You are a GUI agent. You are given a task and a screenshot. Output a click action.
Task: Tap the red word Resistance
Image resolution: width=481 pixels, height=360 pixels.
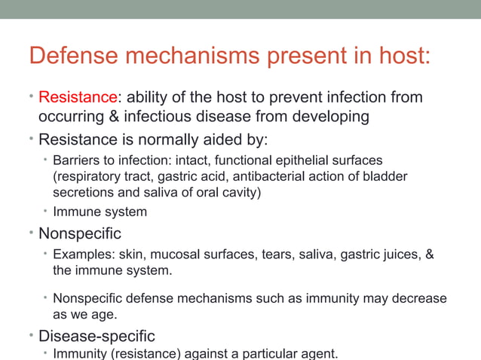point(78,97)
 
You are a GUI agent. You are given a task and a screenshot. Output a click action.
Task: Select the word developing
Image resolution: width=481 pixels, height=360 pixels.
point(332,117)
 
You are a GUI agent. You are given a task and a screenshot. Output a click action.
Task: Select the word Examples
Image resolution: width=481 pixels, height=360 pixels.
point(80,255)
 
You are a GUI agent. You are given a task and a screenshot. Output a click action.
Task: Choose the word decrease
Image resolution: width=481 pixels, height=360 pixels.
point(419,298)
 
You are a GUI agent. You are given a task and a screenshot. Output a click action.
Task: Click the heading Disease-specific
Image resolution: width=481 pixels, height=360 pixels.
point(97,335)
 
